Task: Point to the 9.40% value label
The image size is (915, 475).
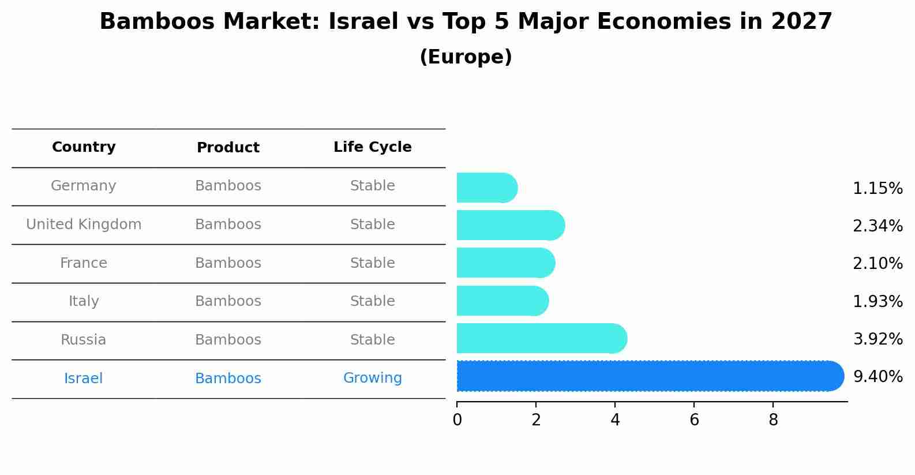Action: tap(877, 377)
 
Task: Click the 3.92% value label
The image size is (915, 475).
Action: tap(877, 339)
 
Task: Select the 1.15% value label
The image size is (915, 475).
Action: tap(877, 189)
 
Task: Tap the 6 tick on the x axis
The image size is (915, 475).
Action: tap(694, 420)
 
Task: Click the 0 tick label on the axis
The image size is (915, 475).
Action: tap(457, 420)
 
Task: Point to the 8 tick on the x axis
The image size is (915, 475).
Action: tap(773, 420)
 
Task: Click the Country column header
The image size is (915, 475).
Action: tap(84, 147)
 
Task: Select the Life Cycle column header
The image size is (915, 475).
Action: tap(372, 147)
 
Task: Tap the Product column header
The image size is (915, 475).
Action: tap(228, 148)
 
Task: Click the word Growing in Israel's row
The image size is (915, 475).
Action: tap(372, 378)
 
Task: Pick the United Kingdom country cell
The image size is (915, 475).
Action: tap(84, 225)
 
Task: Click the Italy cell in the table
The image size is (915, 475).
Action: tap(84, 301)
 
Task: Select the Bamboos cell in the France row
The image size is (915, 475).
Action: tap(228, 263)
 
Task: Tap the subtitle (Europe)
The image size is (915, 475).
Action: tap(466, 57)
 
